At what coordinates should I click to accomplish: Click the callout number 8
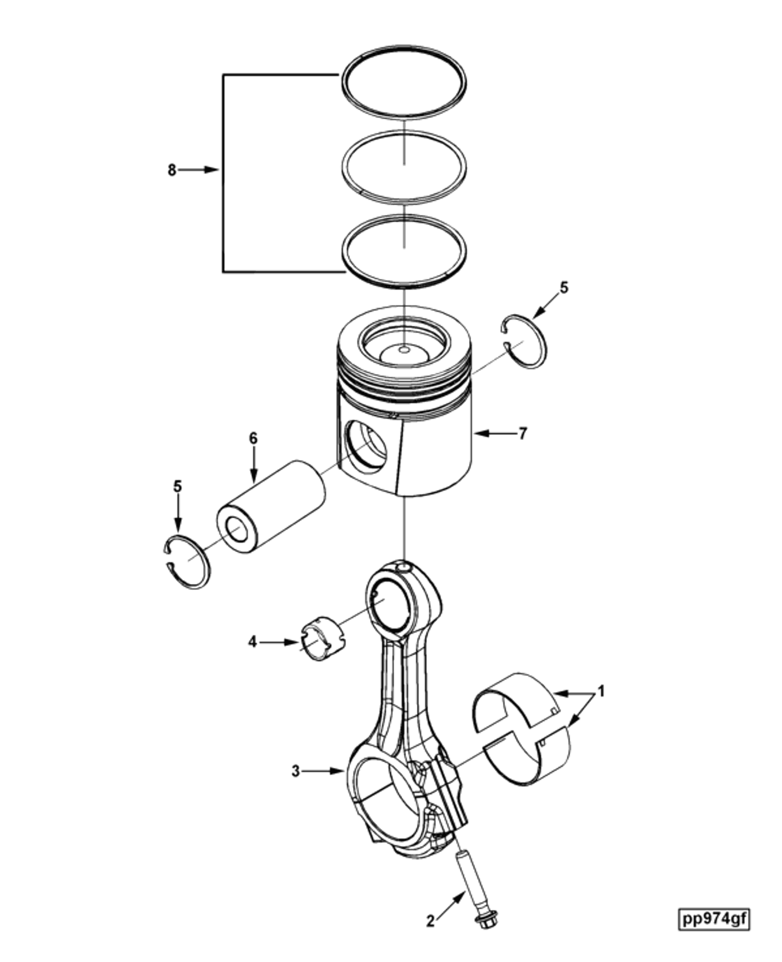click(172, 170)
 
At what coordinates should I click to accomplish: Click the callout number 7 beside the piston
click(523, 434)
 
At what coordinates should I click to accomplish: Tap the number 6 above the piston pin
click(253, 438)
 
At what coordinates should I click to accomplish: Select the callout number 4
click(252, 643)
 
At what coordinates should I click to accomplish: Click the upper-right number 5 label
click(564, 288)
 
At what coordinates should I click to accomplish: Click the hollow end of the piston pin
click(237, 530)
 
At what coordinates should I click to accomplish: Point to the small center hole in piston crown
click(404, 349)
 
